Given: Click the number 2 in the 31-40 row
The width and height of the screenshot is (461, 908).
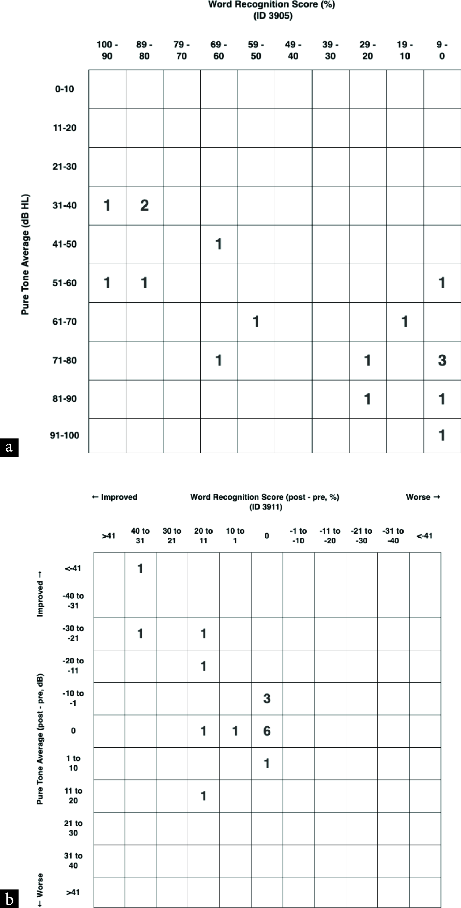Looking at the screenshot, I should tap(144, 205).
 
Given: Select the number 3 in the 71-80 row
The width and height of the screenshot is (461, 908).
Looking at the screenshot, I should tap(442, 360).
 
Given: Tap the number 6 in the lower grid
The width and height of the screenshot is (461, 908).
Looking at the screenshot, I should tap(267, 731).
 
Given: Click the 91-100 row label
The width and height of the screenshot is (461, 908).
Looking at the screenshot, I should tap(65, 435).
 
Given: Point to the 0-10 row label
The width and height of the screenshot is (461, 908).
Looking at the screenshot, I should tap(65, 89).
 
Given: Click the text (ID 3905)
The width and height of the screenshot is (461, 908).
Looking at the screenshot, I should tap(273, 16).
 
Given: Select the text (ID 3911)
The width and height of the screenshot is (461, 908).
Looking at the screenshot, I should tap(266, 507).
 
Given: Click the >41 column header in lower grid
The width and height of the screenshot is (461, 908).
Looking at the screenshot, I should tap(109, 536).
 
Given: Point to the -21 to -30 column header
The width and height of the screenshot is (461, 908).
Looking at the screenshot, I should tap(361, 536).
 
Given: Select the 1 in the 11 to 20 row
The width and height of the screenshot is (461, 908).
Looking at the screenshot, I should tap(203, 796).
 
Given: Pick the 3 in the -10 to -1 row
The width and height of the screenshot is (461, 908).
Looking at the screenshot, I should tap(267, 699).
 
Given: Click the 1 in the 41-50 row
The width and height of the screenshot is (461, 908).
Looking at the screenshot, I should tap(219, 244).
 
